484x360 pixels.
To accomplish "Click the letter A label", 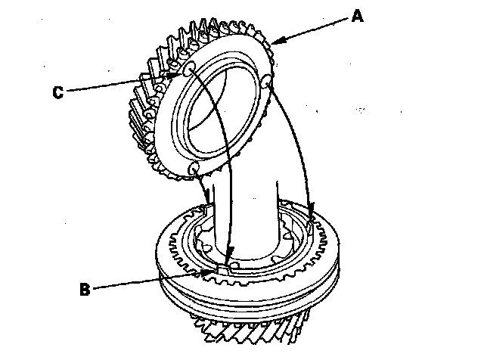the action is pos(358,16).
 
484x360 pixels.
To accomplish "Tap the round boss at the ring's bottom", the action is pos(193,166).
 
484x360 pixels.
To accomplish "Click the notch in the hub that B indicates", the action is pos(225,266).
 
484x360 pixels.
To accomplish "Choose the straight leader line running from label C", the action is pos(121,84).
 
